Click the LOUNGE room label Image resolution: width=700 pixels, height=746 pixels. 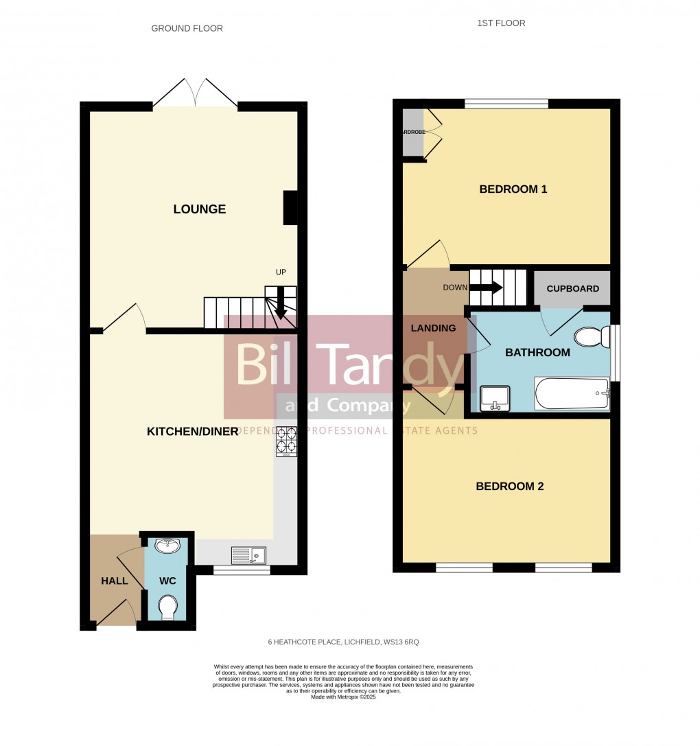(199, 209)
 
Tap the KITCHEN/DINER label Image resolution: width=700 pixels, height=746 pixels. (192, 431)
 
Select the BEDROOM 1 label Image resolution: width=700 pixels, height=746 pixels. (513, 189)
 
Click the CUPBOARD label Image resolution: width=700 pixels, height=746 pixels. (572, 289)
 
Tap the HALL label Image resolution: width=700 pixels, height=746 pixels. (115, 581)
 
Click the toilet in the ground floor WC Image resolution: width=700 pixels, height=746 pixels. (167, 607)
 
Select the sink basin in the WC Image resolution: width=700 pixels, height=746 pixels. (167, 546)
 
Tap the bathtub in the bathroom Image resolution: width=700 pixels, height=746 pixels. (572, 394)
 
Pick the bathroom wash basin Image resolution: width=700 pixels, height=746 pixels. (494, 397)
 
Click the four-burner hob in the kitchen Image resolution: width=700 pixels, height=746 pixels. (286, 442)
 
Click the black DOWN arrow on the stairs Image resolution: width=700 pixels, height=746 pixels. (487, 288)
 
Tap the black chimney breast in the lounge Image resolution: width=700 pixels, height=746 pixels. (290, 207)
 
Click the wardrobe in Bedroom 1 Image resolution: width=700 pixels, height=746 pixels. (413, 132)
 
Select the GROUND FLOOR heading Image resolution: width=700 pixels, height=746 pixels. (187, 29)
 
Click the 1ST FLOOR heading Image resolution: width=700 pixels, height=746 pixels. (501, 23)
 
